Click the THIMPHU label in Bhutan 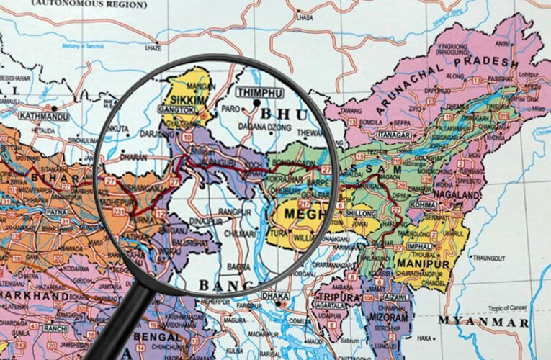[259, 93]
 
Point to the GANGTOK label [176, 110]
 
